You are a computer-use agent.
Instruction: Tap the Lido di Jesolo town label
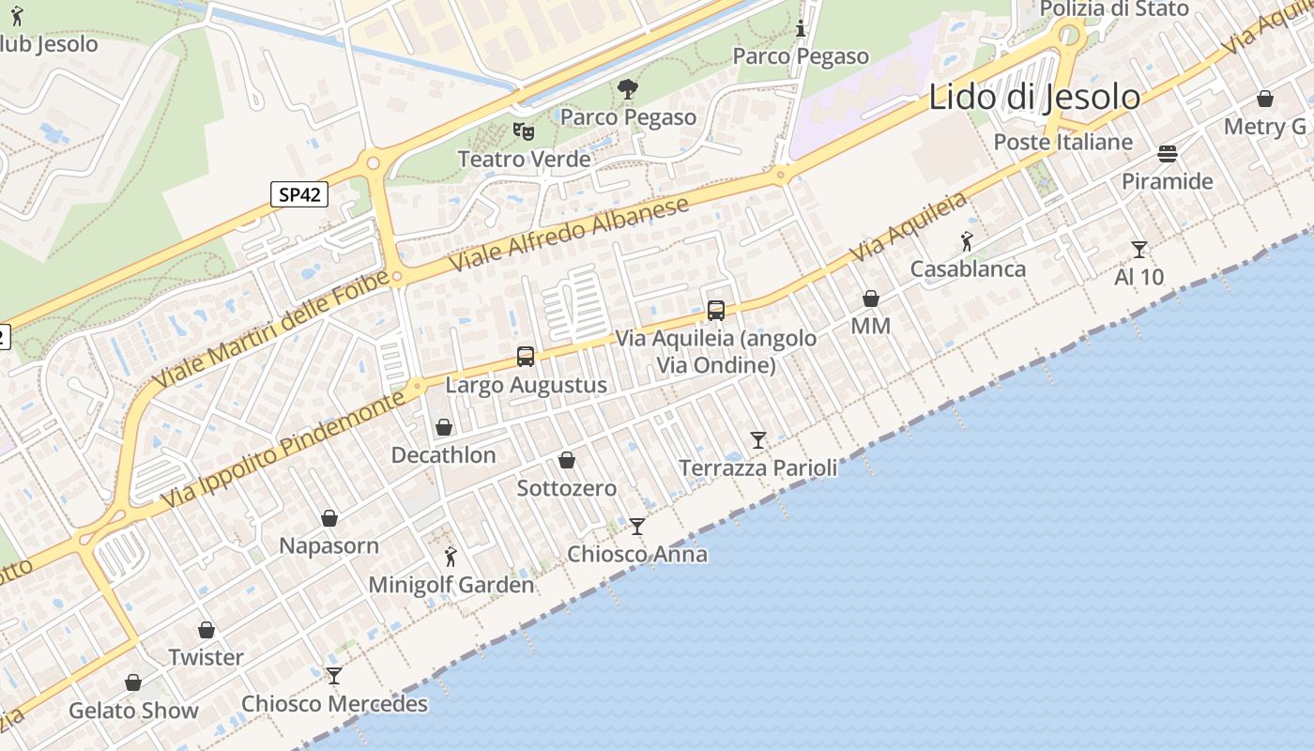(x=1034, y=97)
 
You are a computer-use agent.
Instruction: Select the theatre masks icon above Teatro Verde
(x=524, y=131)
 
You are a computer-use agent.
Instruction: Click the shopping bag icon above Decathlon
(x=444, y=428)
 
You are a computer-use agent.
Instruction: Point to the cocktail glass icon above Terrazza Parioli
(x=758, y=439)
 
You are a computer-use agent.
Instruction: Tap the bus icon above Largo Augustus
(x=526, y=357)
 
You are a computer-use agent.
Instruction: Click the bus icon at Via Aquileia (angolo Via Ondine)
(x=716, y=310)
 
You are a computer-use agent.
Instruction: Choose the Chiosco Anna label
(x=637, y=554)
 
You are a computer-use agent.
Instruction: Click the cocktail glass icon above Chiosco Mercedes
(x=334, y=675)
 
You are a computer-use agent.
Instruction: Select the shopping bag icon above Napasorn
(x=329, y=518)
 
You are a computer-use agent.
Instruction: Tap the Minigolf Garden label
(x=451, y=585)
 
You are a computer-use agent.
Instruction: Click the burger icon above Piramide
(x=1168, y=153)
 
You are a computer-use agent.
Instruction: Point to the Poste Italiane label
(x=1063, y=142)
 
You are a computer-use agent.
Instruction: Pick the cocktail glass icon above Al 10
(x=1139, y=249)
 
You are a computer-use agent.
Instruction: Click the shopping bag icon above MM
(x=871, y=299)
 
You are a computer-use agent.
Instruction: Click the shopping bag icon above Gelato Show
(x=133, y=682)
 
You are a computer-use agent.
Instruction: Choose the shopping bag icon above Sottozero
(x=567, y=460)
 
